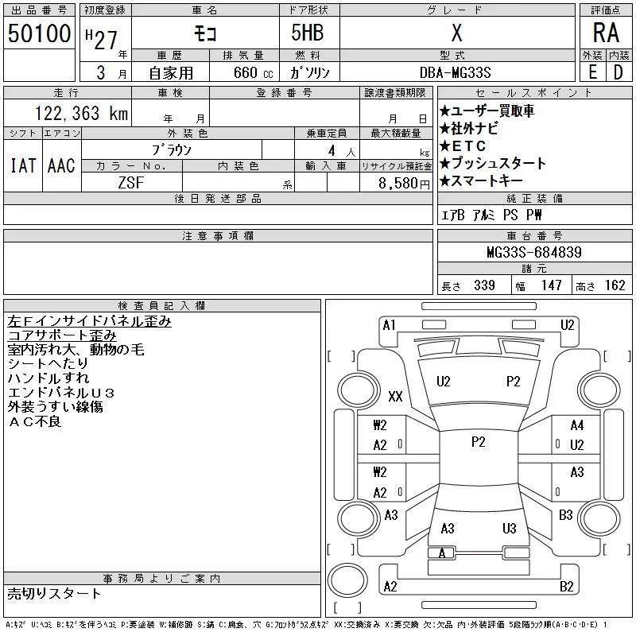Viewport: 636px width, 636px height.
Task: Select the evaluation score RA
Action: pos(606,33)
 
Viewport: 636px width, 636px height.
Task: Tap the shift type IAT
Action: pos(22,165)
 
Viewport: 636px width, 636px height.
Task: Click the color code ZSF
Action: pos(131,183)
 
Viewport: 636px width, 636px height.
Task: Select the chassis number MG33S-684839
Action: pos(534,253)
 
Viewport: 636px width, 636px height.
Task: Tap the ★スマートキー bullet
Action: pos(485,181)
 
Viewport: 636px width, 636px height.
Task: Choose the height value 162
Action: pos(615,285)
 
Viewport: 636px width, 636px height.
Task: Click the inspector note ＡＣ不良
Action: pos(35,421)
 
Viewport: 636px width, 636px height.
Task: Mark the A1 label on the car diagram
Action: pos(389,324)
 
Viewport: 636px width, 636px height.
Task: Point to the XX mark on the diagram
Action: pos(395,396)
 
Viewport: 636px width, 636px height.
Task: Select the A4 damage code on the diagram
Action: pos(577,425)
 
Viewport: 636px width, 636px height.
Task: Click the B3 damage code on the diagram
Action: pos(565,515)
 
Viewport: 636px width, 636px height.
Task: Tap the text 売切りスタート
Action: pos(55,593)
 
